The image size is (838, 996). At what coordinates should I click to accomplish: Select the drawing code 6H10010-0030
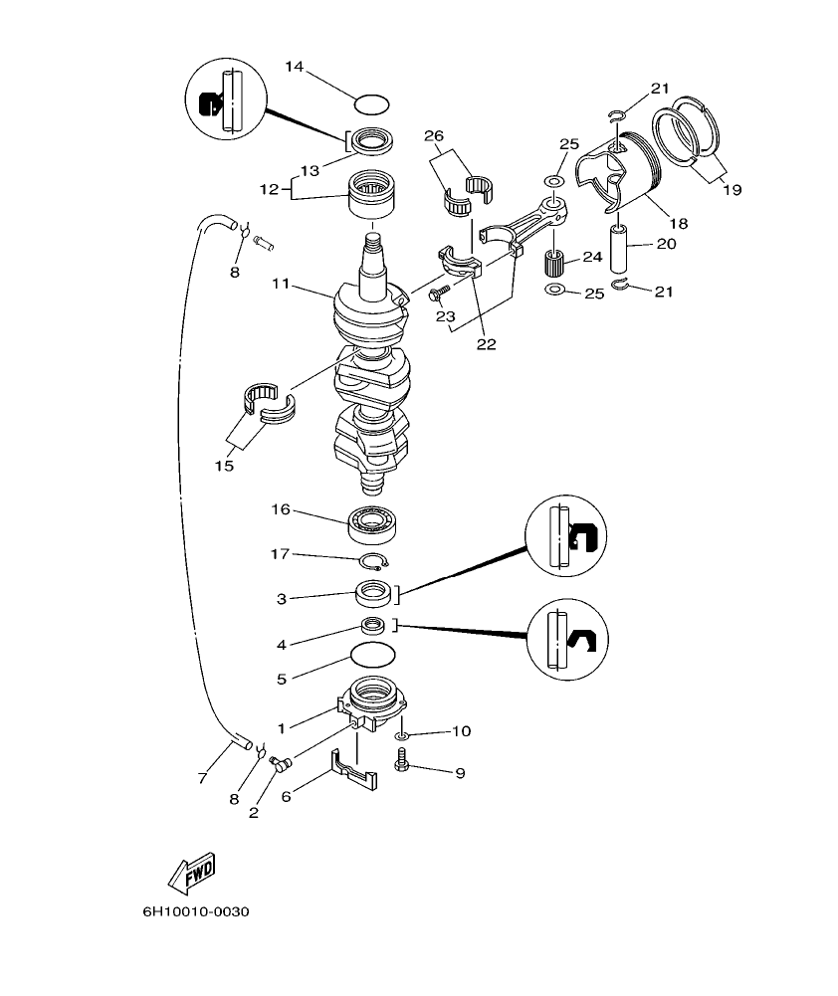tap(194, 911)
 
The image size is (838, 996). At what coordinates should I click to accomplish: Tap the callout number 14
tap(294, 67)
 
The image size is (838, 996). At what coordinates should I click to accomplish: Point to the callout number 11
tap(279, 284)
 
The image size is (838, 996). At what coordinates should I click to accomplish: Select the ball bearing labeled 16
tap(373, 523)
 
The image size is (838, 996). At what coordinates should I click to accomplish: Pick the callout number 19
tap(732, 188)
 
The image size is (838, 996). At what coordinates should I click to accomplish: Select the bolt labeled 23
tap(439, 295)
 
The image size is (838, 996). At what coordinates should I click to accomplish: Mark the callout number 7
tap(202, 779)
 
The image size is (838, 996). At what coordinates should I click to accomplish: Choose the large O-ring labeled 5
tap(373, 657)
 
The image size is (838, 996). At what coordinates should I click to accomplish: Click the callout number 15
tap(225, 465)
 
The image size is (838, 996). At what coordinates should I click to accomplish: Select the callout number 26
tap(433, 135)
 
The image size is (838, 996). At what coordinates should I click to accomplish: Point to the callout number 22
tap(486, 344)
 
